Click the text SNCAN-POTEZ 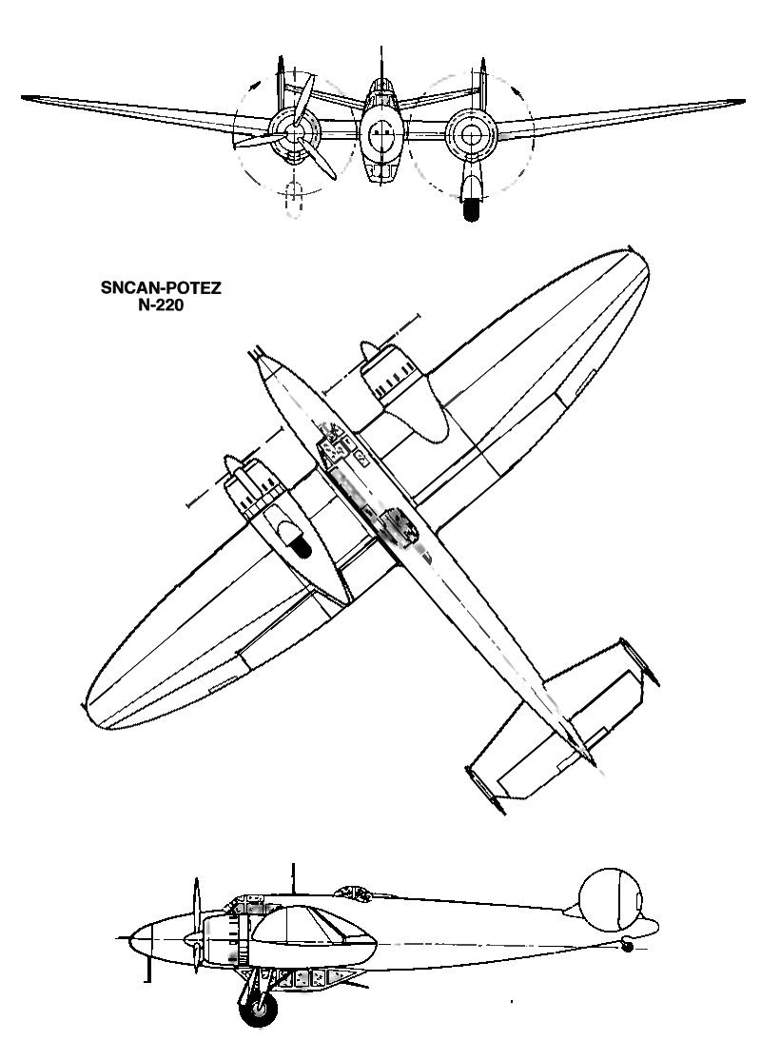pyautogui.click(x=161, y=288)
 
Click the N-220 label pyautogui.click(x=161, y=304)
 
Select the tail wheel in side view pyautogui.click(x=627, y=947)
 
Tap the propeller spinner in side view pyautogui.click(x=191, y=939)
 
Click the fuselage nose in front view pyautogui.click(x=381, y=132)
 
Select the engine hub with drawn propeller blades pyautogui.click(x=293, y=134)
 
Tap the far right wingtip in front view pyautogui.click(x=742, y=102)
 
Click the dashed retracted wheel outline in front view pyautogui.click(x=293, y=200)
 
